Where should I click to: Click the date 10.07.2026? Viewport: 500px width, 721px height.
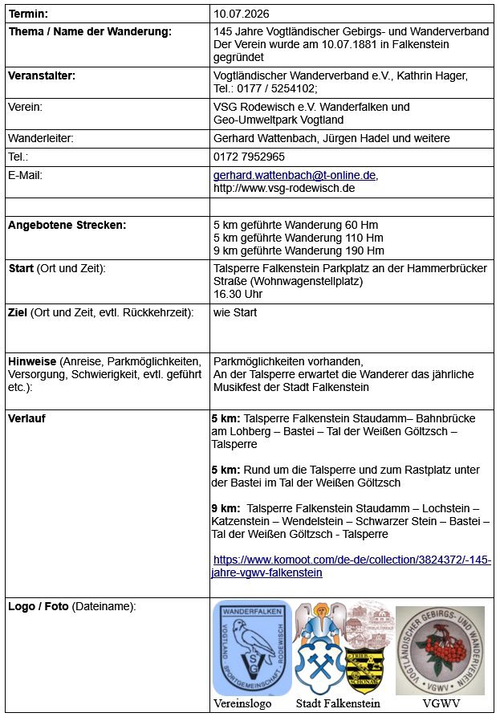click(241, 14)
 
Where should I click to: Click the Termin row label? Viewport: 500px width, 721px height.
click(28, 14)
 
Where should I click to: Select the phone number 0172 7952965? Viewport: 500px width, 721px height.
click(249, 157)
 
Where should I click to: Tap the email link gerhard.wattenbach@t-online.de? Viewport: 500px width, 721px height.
click(294, 175)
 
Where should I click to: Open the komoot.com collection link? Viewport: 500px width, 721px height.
click(352, 566)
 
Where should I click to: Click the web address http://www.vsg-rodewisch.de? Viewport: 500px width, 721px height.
click(283, 188)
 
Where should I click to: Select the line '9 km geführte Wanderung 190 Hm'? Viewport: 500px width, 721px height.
click(298, 251)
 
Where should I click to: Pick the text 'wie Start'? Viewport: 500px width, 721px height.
click(235, 312)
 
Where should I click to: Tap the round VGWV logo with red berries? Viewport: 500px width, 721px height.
click(440, 650)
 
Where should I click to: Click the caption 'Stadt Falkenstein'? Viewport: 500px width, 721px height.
click(338, 703)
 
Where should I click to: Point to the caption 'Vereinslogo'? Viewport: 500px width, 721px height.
click(242, 703)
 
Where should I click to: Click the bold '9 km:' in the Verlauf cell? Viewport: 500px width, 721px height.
click(226, 508)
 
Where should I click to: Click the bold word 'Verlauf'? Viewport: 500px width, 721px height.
click(26, 418)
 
